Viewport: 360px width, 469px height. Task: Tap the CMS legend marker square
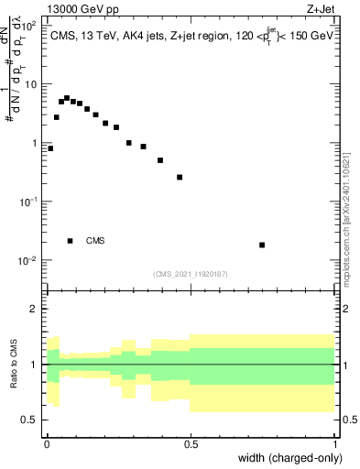pos(71,241)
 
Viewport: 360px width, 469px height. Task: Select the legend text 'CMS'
pos(95,241)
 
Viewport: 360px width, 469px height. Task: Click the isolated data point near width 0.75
pos(262,245)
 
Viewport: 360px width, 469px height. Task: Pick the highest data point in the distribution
pos(67,98)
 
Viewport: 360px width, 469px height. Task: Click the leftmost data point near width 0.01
pos(50,148)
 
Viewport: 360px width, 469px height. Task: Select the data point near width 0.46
pos(180,177)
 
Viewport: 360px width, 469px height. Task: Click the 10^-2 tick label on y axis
pos(27,260)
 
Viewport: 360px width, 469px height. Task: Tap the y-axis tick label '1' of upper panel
pos(35,143)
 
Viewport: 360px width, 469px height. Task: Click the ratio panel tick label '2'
pos(35,309)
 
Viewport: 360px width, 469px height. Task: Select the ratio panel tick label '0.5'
pos(29,420)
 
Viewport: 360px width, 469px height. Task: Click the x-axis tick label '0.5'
pos(191,443)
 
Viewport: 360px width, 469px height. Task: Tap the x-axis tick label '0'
pos(47,443)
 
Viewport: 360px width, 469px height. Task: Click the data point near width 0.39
pos(160,160)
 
